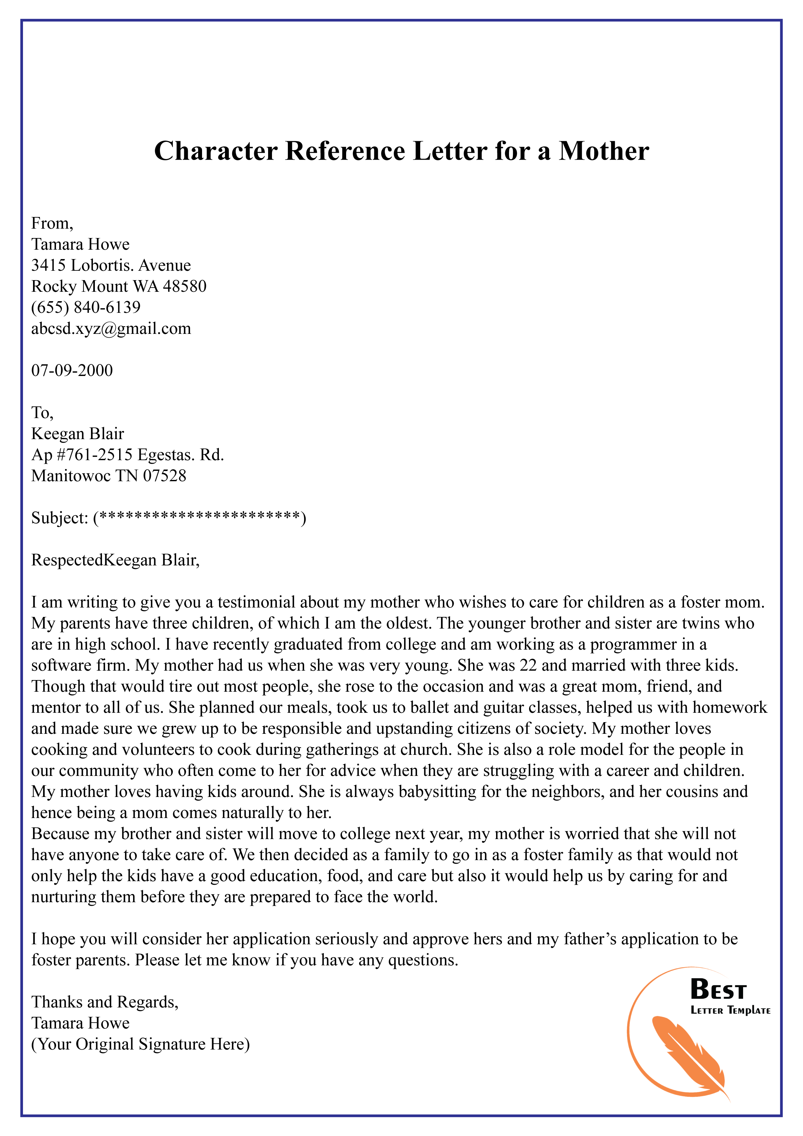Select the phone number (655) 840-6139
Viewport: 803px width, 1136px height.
[85, 307]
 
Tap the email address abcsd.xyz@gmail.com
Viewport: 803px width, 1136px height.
[111, 329]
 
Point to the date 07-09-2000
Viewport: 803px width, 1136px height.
[72, 370]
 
